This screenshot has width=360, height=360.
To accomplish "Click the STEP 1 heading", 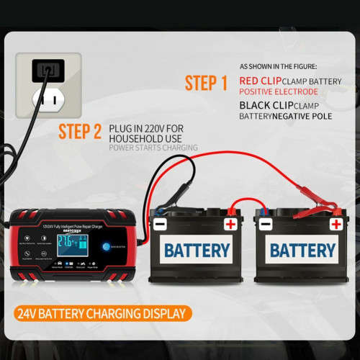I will [x=205, y=84].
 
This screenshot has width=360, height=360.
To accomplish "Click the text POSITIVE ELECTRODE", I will [x=278, y=91].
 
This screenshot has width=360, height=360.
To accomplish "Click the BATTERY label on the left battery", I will [x=197, y=251].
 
